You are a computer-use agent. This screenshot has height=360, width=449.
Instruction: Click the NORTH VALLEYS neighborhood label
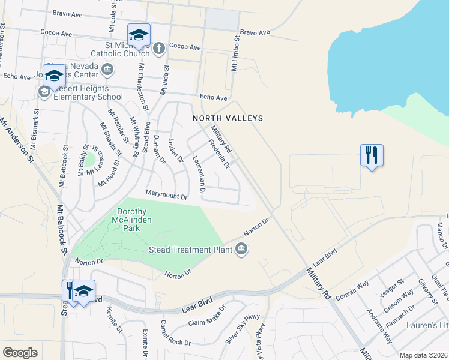pos(220,119)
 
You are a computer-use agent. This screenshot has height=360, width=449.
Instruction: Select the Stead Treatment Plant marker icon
pos(241,248)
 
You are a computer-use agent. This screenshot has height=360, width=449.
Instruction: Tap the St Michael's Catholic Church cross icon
pos(158,48)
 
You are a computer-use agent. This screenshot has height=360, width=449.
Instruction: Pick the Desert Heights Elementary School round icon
pos(44,92)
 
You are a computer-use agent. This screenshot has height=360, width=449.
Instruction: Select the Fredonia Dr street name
pos(218,154)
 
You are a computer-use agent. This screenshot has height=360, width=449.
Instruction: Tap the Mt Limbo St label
pos(235,53)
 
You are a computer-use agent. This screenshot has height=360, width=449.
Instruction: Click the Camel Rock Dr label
pos(175,333)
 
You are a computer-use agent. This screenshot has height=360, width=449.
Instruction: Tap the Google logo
pos(20,353)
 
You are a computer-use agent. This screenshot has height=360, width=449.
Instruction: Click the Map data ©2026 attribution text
pos(423,355)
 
